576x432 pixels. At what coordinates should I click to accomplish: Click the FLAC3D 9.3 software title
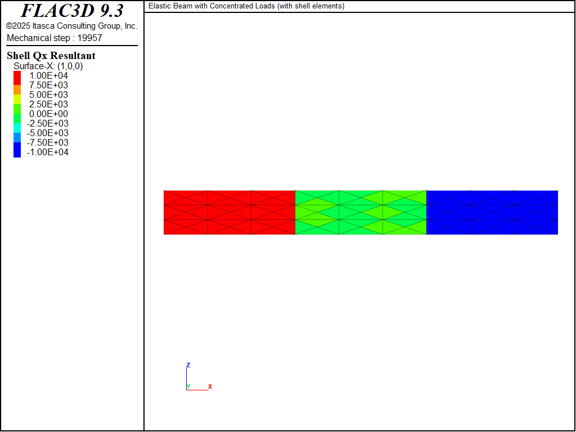click(72, 11)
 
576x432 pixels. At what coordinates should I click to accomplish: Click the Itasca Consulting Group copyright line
click(71, 26)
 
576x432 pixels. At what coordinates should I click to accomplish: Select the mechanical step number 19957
click(89, 38)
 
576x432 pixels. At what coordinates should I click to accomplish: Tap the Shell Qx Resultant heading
click(51, 56)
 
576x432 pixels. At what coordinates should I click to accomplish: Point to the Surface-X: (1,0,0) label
click(48, 66)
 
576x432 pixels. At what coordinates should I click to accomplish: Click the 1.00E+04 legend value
click(48, 76)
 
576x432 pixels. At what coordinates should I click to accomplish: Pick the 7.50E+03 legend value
click(48, 85)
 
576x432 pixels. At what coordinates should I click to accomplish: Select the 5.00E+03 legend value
click(48, 94)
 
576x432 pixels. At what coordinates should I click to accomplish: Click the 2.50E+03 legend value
click(48, 104)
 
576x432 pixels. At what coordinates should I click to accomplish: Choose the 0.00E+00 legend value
click(48, 114)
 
